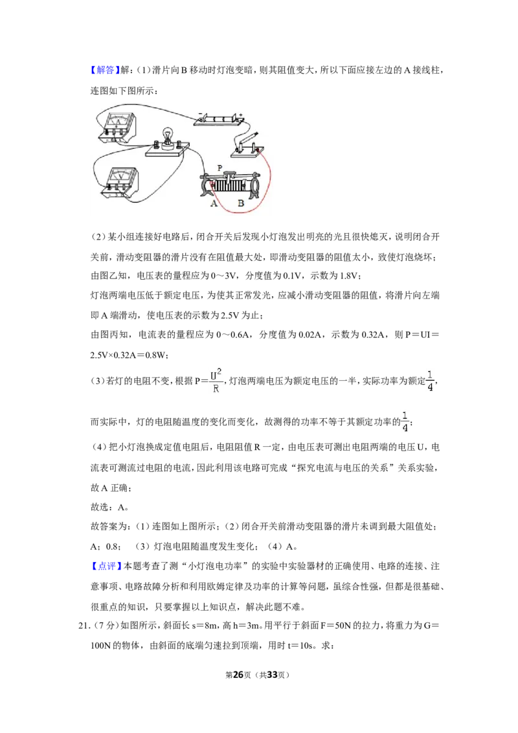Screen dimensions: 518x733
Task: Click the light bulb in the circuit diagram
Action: click(165, 137)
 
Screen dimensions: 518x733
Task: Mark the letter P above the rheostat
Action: click(220, 168)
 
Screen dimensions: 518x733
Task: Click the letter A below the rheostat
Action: click(214, 203)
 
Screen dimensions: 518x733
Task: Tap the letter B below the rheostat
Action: click(241, 203)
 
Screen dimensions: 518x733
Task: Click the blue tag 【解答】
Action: click(105, 70)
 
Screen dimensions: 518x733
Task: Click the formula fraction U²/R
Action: click(216, 381)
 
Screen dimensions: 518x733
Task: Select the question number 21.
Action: click(84, 626)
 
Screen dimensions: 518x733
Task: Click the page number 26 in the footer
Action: click(238, 675)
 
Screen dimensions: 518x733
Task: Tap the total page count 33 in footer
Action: click(272, 675)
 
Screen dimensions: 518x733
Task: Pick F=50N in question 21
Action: click(335, 626)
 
